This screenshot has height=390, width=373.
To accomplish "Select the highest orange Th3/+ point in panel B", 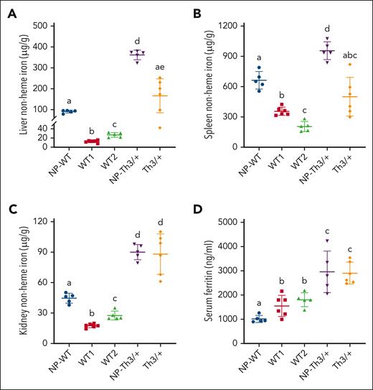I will point(349,65).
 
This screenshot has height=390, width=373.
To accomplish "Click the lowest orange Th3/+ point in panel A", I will point(171,127).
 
